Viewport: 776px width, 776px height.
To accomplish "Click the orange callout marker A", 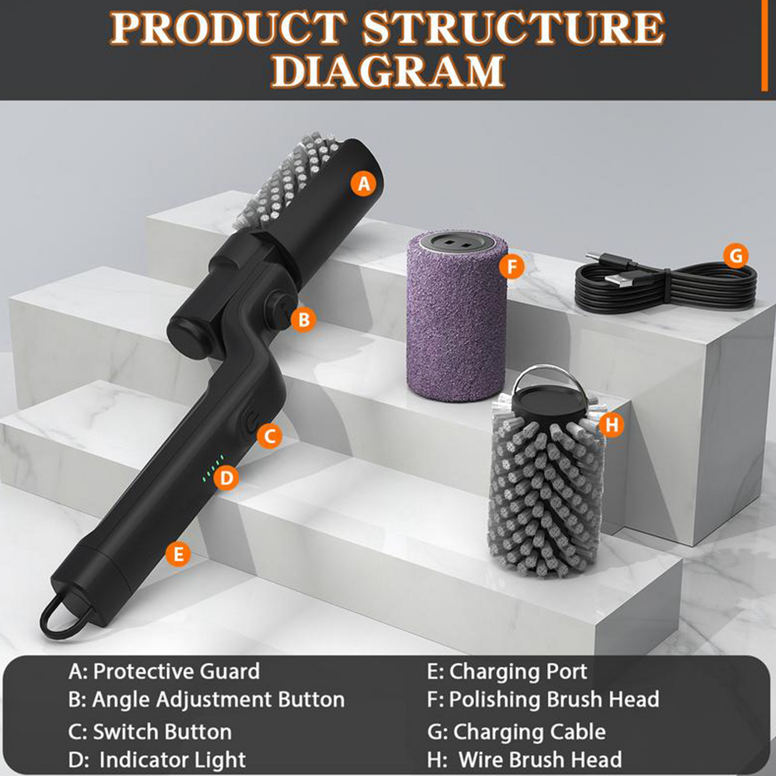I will coord(364,184).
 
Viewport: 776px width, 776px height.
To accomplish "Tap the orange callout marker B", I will coord(303,320).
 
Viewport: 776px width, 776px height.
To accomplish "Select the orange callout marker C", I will coord(269,436).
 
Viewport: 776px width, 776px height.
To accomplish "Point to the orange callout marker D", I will coord(227,477).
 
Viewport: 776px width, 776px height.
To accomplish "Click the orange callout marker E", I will coord(178,553).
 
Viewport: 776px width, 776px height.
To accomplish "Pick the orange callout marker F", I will coord(512,266).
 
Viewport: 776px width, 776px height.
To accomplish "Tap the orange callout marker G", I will coord(736,257).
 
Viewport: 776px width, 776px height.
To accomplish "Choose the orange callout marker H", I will coord(612,425).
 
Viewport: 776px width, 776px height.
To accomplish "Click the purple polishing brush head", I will coord(456,317).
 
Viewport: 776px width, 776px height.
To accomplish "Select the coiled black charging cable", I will coord(666,285).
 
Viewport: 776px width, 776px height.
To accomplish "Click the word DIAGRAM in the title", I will coord(388,71).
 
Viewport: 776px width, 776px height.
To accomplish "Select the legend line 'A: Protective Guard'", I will coord(164,671).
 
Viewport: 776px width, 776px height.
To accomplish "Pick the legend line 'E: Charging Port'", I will coord(507,671).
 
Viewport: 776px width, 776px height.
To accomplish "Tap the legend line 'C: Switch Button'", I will coord(150,731).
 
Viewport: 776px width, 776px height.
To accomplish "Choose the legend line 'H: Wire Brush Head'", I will coord(524,759).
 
